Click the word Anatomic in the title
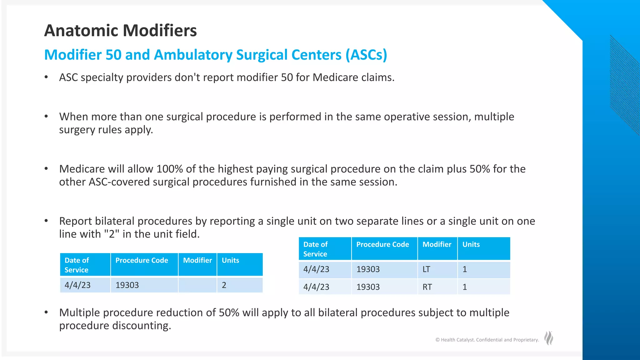coord(81,31)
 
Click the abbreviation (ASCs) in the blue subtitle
coord(366,55)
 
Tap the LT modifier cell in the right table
coord(437,269)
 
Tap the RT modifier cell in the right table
coord(437,287)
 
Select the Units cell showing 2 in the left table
coord(239,285)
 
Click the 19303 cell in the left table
coord(144,285)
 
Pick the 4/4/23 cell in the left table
coord(85,285)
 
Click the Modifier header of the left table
coord(197,261)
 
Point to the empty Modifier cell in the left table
coord(197,285)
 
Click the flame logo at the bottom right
coord(548,338)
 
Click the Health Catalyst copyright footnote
coord(487,340)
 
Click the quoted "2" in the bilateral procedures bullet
coord(112,234)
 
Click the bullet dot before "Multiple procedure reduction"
coord(46,312)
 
